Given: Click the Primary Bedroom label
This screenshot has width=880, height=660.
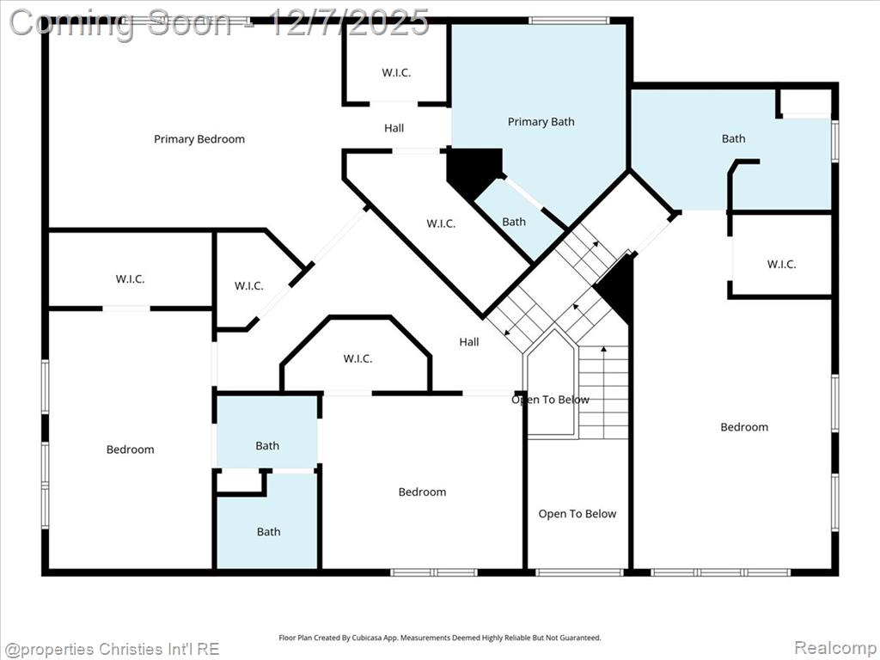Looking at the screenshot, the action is pyautogui.click(x=199, y=139).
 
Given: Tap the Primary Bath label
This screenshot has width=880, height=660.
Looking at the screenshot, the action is pyautogui.click(x=541, y=122).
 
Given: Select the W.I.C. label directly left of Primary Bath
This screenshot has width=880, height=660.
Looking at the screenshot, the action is pyautogui.click(x=396, y=72).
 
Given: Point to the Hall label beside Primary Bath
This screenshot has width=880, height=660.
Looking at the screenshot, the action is pyautogui.click(x=394, y=128).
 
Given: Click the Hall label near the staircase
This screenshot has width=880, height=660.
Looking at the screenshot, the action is pyautogui.click(x=469, y=342).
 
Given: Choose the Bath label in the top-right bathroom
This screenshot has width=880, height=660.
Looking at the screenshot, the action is pyautogui.click(x=734, y=138).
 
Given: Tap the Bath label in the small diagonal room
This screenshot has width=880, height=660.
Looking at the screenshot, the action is pyautogui.click(x=514, y=223).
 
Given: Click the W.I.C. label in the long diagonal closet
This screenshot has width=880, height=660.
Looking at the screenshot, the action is pyautogui.click(x=441, y=224).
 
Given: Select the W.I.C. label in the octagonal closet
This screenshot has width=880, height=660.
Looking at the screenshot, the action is pyautogui.click(x=358, y=358).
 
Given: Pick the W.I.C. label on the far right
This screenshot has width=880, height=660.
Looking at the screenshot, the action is pyautogui.click(x=781, y=265).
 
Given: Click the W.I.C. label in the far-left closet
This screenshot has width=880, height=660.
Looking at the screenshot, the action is pyautogui.click(x=131, y=279).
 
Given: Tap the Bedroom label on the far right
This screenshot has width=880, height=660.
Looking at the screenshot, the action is pyautogui.click(x=744, y=427).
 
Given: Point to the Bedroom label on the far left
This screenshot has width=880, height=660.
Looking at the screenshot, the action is pyautogui.click(x=131, y=449).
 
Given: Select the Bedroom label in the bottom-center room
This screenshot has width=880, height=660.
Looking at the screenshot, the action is pyautogui.click(x=423, y=492).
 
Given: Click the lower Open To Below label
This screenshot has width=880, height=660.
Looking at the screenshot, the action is pyautogui.click(x=577, y=514).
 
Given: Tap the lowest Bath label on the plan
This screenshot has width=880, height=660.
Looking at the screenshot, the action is pyautogui.click(x=269, y=532).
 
